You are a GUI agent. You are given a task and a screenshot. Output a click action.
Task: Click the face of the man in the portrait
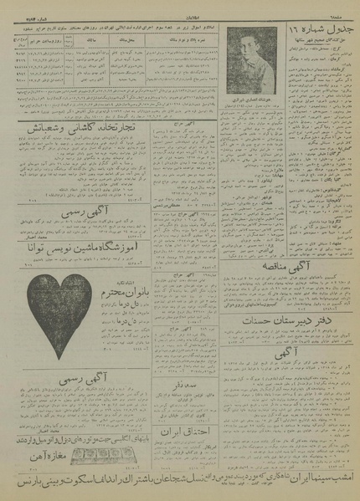[x=252, y=72]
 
